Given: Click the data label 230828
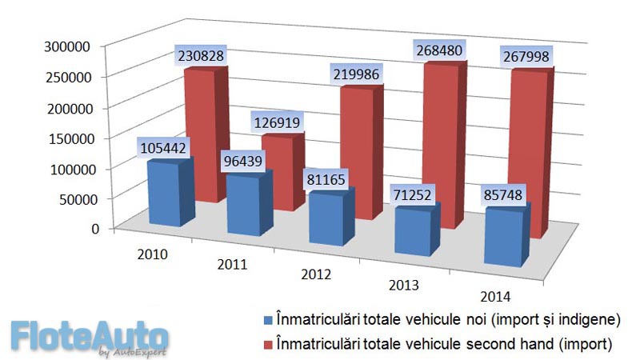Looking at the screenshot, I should [200, 56].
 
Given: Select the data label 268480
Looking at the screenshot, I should [437, 50].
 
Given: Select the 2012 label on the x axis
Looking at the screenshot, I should [317, 274].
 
